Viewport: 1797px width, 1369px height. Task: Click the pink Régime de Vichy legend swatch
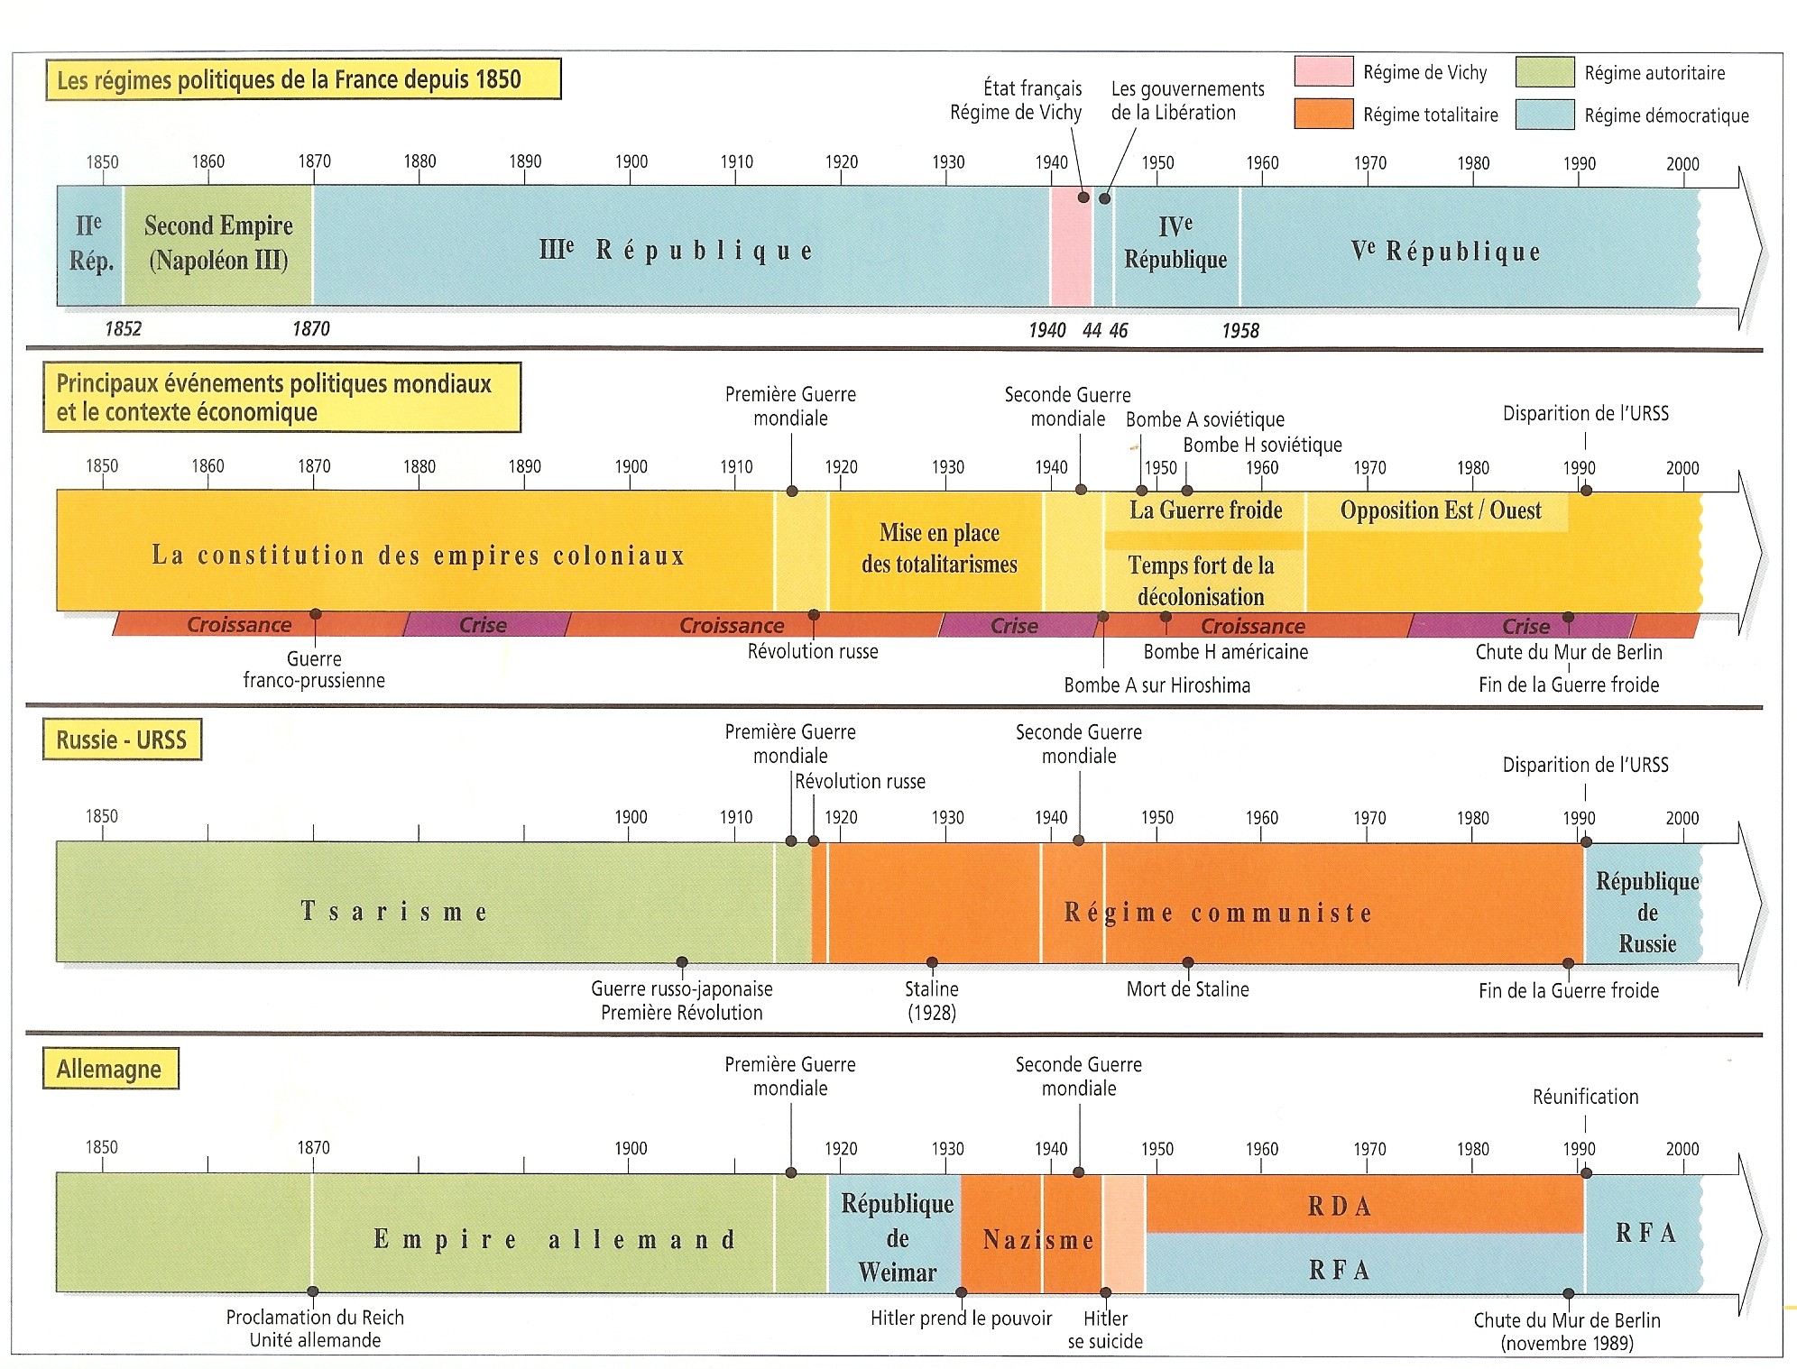click(x=1323, y=71)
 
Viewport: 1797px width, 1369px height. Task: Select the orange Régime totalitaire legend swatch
click(x=1323, y=115)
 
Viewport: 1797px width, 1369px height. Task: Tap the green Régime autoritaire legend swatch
click(x=1544, y=72)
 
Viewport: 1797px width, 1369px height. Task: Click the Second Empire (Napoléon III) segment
click(x=218, y=243)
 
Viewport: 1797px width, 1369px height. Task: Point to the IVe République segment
click(x=1175, y=243)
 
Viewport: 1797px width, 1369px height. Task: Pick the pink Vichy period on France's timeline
click(x=1071, y=245)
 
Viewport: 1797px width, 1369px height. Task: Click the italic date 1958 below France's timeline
click(x=1240, y=331)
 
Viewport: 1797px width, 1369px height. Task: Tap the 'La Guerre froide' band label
click(x=1205, y=510)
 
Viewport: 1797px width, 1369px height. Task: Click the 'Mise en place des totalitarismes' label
click(x=939, y=548)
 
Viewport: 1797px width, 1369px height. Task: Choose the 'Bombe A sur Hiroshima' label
click(x=1157, y=685)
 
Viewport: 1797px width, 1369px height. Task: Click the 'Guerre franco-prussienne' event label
click(x=314, y=670)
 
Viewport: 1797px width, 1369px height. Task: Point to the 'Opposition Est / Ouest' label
click(x=1441, y=510)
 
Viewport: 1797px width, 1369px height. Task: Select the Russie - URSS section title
click(x=122, y=740)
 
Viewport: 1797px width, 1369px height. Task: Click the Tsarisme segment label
click(x=394, y=912)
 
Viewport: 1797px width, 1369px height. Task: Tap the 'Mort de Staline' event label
click(x=1187, y=989)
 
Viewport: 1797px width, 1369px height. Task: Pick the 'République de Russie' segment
click(x=1646, y=912)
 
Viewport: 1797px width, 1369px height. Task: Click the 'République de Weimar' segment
click(x=897, y=1237)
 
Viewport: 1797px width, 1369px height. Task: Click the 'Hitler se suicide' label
click(x=1105, y=1329)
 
